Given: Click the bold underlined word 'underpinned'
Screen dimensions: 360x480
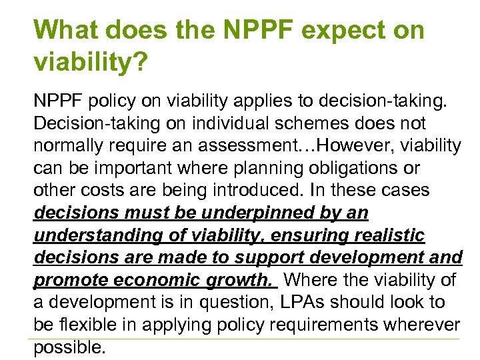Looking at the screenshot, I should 250,213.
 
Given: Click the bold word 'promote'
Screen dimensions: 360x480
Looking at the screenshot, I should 63,281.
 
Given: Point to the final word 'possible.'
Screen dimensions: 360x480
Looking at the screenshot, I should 69,348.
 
